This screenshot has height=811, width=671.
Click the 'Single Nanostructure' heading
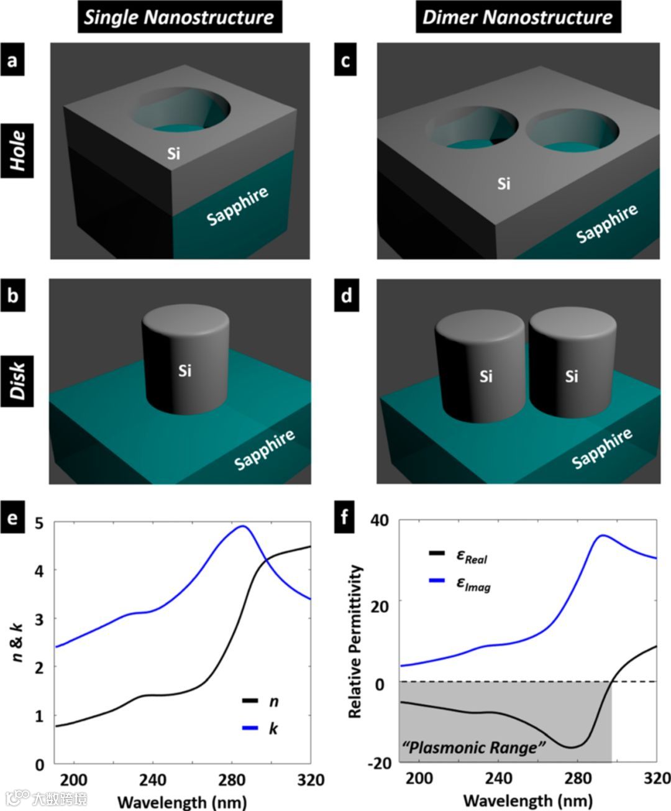(x=179, y=17)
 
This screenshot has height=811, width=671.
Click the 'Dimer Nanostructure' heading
(x=517, y=17)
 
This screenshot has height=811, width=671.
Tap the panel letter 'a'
(x=12, y=60)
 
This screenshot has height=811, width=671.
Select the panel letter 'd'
(x=346, y=295)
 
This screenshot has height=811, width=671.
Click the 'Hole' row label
(x=17, y=151)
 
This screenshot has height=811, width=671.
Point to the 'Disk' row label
(x=17, y=379)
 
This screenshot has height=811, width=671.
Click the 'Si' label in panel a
(x=174, y=153)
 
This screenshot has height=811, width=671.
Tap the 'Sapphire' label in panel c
(x=606, y=222)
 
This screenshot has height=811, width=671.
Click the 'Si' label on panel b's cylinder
(x=185, y=371)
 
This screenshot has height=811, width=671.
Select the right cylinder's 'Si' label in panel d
(x=572, y=376)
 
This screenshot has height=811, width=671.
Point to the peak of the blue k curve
(x=243, y=526)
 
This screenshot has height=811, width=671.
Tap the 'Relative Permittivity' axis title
(x=355, y=642)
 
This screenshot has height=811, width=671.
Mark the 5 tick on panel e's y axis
(x=40, y=523)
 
